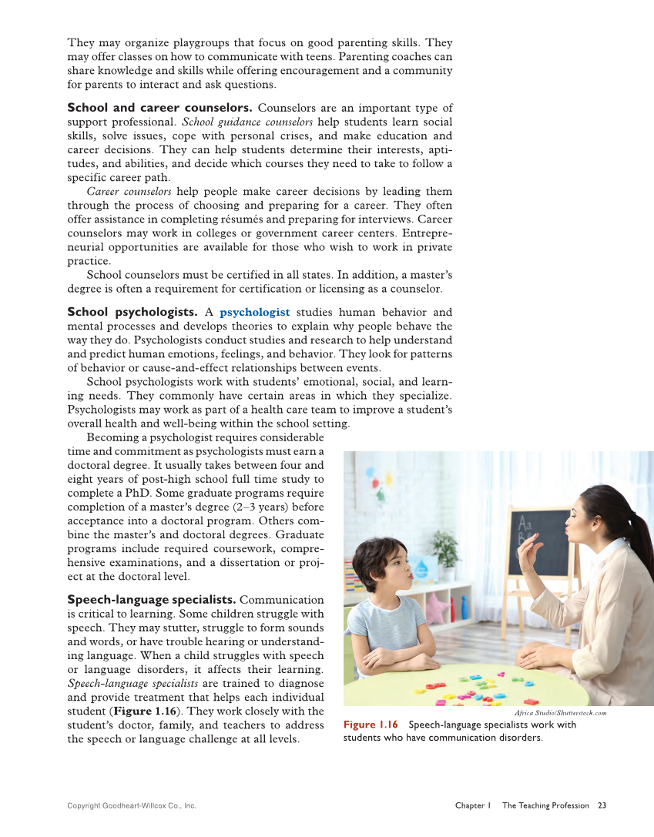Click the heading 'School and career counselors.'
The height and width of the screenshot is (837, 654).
(159, 108)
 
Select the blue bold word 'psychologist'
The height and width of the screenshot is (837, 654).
(254, 312)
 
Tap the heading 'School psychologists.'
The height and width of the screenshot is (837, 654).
(132, 312)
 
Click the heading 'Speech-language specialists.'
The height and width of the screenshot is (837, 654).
(151, 599)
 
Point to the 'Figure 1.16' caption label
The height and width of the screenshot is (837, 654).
(371, 725)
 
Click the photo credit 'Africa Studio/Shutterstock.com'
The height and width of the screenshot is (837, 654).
(560, 713)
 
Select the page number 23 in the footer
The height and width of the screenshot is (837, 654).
(602, 805)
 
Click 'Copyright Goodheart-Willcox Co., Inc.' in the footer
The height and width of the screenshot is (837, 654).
(132, 805)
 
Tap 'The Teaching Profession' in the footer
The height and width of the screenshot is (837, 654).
(545, 805)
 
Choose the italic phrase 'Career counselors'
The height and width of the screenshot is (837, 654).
(129, 191)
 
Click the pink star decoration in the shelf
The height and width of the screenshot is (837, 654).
(437, 608)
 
